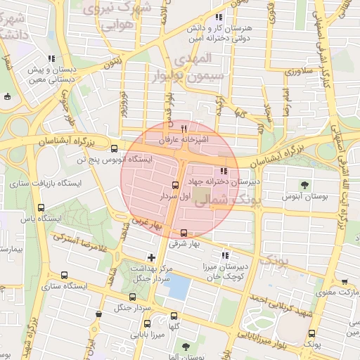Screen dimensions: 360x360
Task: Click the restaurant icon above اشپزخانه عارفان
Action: [184, 129]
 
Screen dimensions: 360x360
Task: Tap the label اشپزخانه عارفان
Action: [184, 140]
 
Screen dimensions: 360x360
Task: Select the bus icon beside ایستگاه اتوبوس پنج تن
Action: [115, 148]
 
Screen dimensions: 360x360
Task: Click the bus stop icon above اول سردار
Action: [174, 186]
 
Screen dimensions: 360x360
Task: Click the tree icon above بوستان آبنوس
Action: [304, 185]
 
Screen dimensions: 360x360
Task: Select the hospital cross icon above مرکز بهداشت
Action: [152, 257]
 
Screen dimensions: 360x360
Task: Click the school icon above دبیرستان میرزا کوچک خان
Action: [225, 255]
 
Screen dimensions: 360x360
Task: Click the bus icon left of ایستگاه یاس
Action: [40, 208]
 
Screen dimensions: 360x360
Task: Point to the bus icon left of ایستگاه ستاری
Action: [65, 276]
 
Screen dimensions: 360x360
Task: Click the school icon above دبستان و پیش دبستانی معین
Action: [50, 59]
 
